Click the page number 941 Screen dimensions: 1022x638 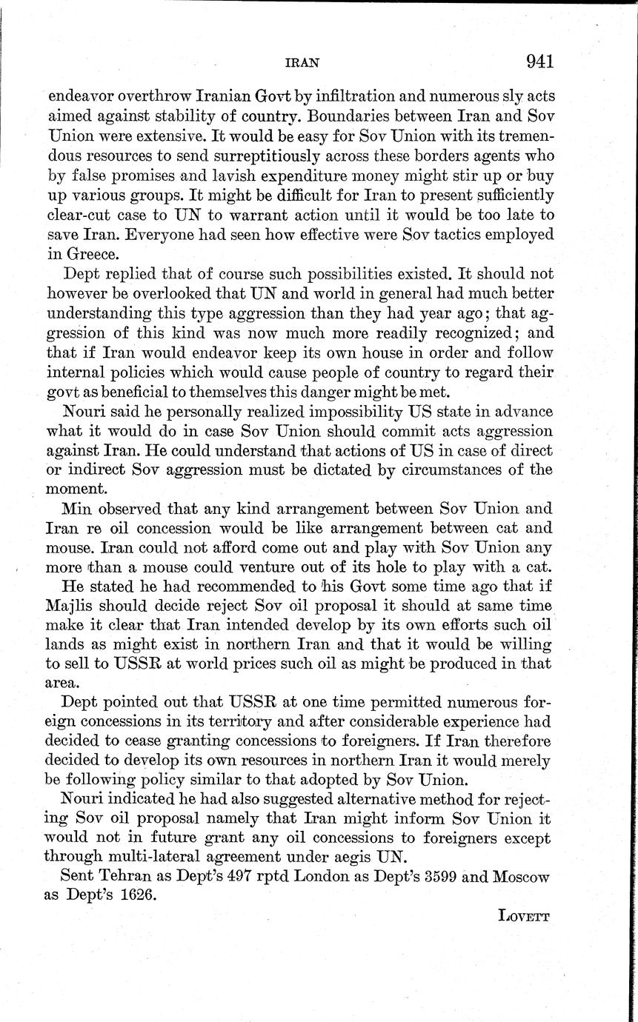point(540,61)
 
